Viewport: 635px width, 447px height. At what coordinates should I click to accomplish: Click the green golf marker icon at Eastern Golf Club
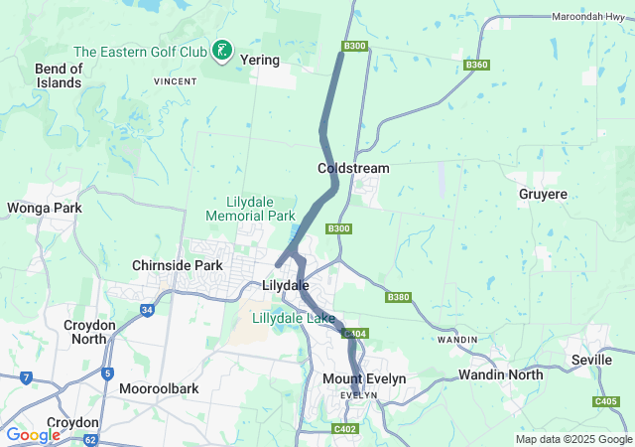[223, 49]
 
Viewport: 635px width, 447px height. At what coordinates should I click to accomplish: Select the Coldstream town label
[353, 169]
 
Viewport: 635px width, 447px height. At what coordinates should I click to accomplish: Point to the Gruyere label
[543, 195]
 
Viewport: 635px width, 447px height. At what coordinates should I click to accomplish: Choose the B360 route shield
[477, 65]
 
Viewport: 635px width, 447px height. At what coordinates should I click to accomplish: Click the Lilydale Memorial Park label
[250, 208]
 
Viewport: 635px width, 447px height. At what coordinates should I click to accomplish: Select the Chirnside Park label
[178, 266]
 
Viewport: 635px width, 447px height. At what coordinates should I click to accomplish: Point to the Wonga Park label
[44, 209]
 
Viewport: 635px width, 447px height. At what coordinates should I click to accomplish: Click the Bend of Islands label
[58, 75]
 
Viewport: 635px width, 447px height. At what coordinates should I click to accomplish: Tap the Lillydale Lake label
[293, 319]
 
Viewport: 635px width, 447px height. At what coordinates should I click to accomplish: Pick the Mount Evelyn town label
[364, 379]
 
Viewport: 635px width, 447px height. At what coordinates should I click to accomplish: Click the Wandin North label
[500, 375]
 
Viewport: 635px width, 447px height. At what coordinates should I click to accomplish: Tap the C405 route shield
[606, 401]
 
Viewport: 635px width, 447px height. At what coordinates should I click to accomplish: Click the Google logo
[33, 435]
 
